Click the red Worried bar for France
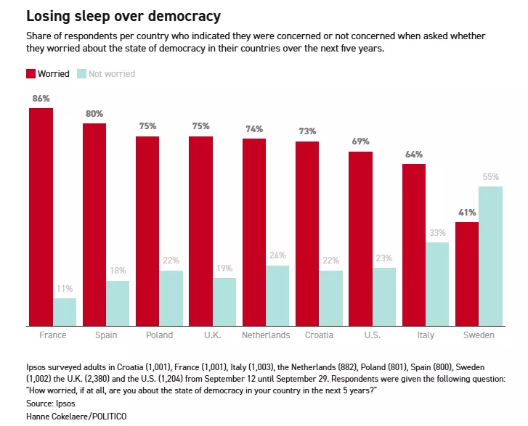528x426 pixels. tap(41, 217)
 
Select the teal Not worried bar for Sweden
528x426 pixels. tap(490, 256)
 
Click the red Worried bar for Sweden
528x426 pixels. tap(467, 274)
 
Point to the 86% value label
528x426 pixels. tap(41, 98)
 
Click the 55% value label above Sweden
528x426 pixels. tap(490, 177)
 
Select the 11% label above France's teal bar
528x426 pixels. tap(65, 288)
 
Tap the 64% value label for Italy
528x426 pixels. tap(414, 155)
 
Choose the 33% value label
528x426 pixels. tap(437, 232)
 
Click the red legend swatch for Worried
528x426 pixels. tap(31, 73)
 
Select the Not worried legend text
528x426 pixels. tap(112, 73)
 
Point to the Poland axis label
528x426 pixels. tap(159, 335)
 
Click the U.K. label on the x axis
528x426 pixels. tap(212, 335)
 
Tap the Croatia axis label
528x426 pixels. tap(319, 335)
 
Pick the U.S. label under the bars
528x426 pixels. tap(372, 335)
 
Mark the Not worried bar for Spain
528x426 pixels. tap(118, 303)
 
